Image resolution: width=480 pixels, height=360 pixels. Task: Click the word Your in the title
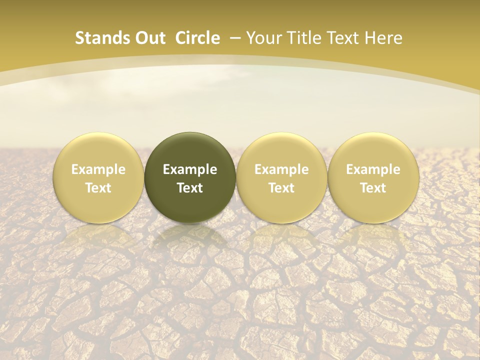tap(262, 38)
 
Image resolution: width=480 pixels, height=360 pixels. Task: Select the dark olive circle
tap(190, 177)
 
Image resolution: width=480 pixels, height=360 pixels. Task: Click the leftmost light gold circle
tap(98, 177)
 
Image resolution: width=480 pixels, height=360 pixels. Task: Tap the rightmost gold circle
tap(373, 177)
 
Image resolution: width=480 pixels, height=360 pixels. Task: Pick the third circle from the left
tap(281, 177)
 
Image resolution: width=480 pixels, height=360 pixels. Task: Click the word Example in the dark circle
tap(190, 169)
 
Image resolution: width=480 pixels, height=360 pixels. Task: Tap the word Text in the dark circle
tap(190, 188)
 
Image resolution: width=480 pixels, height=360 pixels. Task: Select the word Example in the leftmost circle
tap(98, 169)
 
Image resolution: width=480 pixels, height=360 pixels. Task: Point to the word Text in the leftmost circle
tap(98, 188)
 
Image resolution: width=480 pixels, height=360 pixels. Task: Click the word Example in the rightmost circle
tap(373, 169)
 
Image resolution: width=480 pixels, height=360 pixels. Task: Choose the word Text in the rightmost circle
tap(373, 188)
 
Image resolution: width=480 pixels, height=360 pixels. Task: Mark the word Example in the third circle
tap(281, 169)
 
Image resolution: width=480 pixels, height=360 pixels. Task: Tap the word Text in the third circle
tap(281, 188)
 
